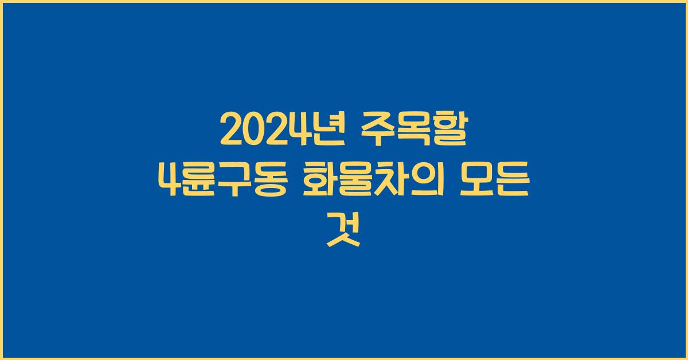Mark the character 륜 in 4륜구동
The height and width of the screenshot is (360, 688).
pos(202,182)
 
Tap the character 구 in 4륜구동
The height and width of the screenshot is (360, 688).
pos(236,182)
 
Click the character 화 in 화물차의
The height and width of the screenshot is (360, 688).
pos(320,182)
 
